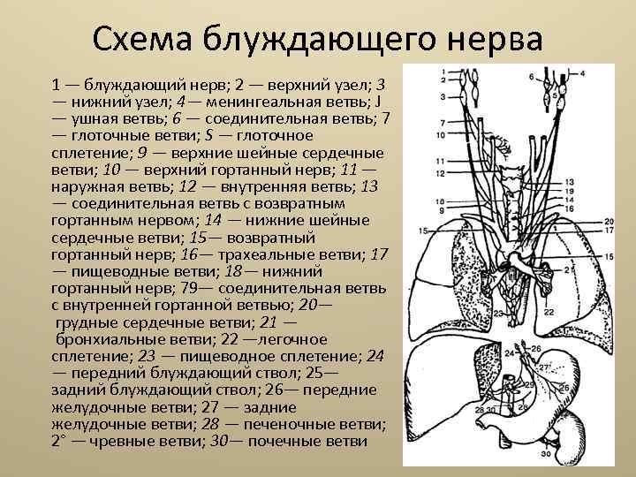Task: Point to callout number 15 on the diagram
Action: pos(424,231)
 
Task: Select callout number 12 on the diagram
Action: pos(440,173)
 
